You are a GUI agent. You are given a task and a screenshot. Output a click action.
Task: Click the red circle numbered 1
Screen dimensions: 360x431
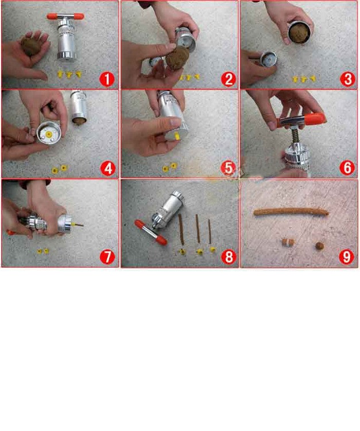click(x=107, y=79)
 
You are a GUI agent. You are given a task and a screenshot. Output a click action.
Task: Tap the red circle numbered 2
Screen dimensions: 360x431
click(x=228, y=79)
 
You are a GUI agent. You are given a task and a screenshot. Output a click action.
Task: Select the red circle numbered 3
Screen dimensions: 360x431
click(x=347, y=79)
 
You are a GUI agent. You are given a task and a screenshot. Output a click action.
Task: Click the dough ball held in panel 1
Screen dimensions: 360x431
click(x=31, y=46)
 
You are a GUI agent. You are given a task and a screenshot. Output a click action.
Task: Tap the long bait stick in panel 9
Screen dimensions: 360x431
click(x=291, y=211)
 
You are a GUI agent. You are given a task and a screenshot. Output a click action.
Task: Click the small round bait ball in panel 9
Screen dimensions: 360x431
click(x=320, y=245)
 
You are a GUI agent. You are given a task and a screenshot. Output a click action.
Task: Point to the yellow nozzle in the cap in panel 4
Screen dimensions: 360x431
click(x=49, y=134)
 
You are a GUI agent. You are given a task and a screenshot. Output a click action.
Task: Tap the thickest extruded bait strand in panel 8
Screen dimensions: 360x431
click(x=181, y=229)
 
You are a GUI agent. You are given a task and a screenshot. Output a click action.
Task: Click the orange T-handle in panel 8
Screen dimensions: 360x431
click(x=150, y=233)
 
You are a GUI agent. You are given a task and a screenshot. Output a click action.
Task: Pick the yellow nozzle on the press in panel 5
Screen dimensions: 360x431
click(x=177, y=136)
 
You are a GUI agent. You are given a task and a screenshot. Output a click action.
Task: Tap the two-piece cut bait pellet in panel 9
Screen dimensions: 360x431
click(x=288, y=242)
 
